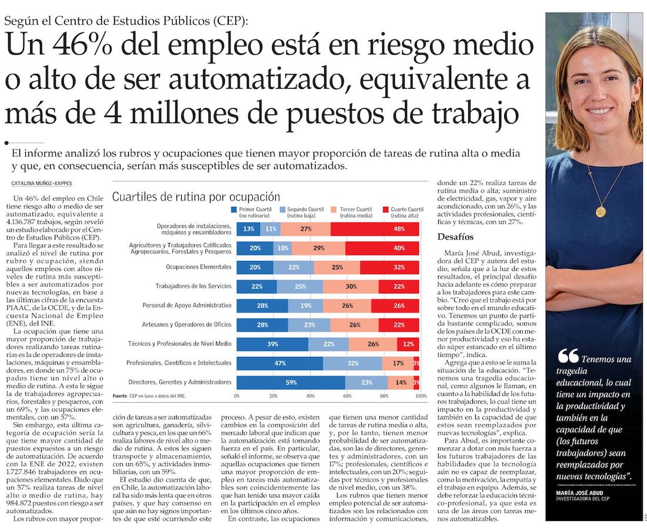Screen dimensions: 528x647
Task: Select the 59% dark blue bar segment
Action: (291, 383)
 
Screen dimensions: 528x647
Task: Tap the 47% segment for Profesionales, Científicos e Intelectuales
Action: (279, 363)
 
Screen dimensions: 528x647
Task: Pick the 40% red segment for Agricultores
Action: (382, 249)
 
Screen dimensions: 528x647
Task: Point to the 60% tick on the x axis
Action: (348, 396)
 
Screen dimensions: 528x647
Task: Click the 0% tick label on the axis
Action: (236, 396)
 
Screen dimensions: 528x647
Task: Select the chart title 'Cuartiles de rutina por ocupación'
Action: (196, 196)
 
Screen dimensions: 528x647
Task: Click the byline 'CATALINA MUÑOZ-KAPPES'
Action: (43, 183)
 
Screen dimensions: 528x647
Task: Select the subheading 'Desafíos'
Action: (455, 236)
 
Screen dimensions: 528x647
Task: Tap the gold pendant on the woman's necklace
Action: (600, 212)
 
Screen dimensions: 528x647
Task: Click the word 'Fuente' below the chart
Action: (119, 396)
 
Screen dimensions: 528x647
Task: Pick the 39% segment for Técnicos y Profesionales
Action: (272, 344)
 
